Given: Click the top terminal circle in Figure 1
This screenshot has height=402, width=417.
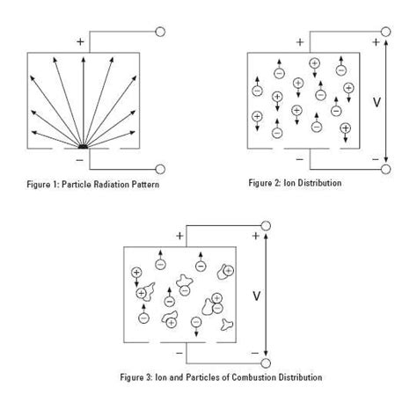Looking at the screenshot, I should point(160,32).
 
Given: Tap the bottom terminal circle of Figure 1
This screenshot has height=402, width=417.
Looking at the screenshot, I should point(160,170).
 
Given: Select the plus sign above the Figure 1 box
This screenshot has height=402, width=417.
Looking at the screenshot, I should point(81,40).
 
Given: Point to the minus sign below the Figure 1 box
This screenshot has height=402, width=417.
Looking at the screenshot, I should point(81,161).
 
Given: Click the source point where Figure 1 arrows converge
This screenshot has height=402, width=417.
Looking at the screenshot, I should point(81,146).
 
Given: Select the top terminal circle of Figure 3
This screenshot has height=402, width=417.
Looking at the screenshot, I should point(265,226).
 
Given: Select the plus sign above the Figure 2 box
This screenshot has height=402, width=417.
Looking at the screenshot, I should point(300,41).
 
